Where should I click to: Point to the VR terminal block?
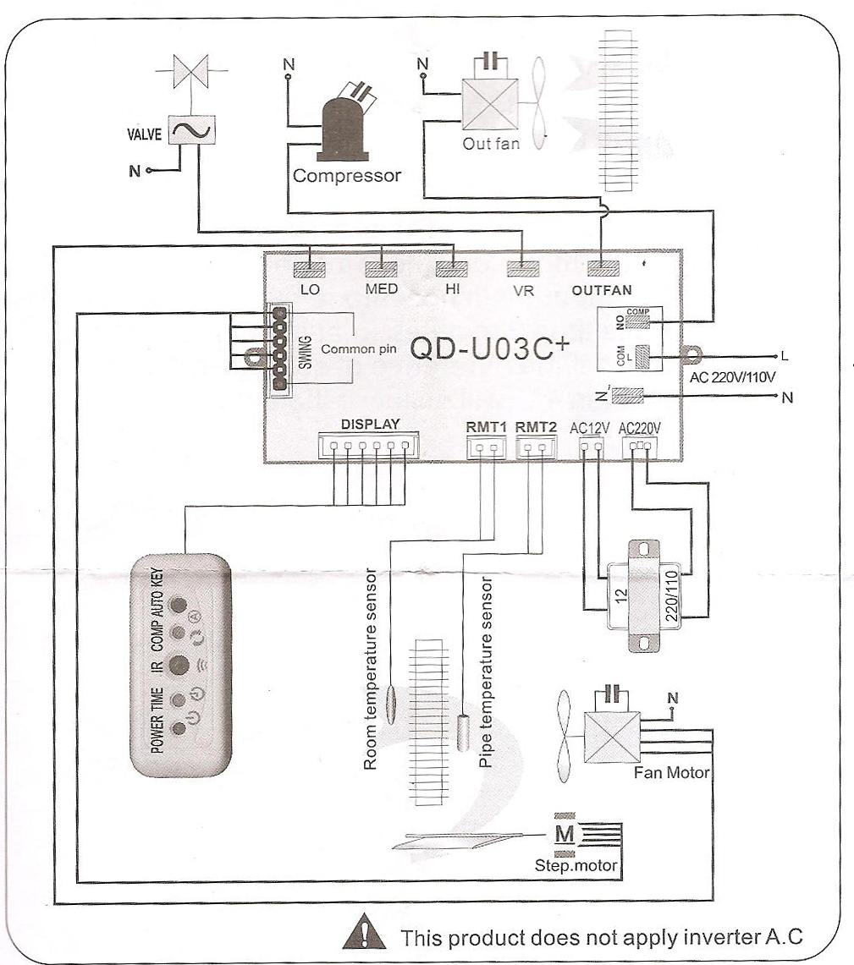523,271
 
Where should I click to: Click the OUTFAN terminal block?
602,271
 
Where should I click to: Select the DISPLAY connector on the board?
369,446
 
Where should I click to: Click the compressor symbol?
343,128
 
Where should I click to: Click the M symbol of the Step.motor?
564,835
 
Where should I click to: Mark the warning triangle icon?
363,936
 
